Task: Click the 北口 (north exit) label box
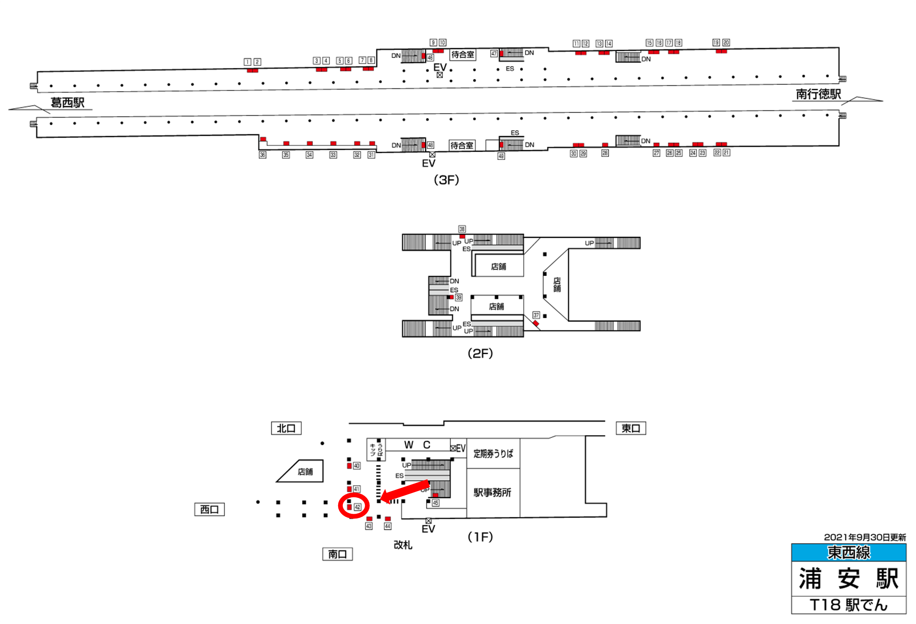[286, 428]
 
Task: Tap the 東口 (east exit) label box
[631, 428]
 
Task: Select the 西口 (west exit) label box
[209, 509]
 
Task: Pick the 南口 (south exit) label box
[337, 554]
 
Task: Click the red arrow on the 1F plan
[406, 491]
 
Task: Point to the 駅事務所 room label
[492, 492]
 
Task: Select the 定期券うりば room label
[493, 454]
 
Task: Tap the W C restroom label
[417, 445]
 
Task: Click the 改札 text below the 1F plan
[403, 545]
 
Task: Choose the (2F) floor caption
[480, 353]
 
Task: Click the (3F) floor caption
[446, 180]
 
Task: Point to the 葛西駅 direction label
[67, 103]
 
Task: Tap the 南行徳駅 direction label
[818, 94]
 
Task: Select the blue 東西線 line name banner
[849, 553]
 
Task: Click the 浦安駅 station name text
[849, 578]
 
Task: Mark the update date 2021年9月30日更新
[865, 537]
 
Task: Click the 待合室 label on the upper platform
[463, 54]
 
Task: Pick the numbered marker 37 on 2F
[536, 315]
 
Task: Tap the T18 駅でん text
[849, 605]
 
